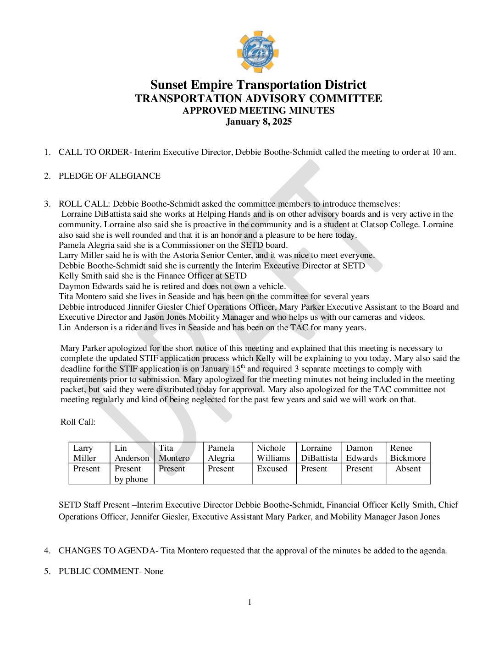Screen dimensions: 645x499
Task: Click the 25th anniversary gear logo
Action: (258, 52)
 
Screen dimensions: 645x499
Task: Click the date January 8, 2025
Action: (259, 122)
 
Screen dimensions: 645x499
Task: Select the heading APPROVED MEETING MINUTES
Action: (259, 110)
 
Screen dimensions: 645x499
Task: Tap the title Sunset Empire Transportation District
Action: (258, 85)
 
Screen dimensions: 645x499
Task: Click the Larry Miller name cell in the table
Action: (89, 453)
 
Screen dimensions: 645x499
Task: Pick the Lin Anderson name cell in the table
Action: (132, 453)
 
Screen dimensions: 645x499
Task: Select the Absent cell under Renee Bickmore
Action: (408, 469)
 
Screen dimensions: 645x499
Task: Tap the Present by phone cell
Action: (132, 474)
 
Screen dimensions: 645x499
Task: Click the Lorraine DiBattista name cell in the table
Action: (319, 453)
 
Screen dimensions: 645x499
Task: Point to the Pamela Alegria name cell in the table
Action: (227, 453)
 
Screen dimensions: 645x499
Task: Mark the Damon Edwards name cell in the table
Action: (363, 453)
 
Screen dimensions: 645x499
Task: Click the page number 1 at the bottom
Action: (249, 602)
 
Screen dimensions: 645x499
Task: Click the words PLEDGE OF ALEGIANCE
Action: (110, 176)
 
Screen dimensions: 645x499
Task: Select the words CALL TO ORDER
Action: (94, 152)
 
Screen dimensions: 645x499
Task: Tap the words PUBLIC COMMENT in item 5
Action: (99, 571)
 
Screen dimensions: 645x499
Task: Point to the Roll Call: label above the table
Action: (78, 422)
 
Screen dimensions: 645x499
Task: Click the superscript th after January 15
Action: (243, 366)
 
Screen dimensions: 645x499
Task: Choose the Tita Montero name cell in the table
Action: (178, 453)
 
